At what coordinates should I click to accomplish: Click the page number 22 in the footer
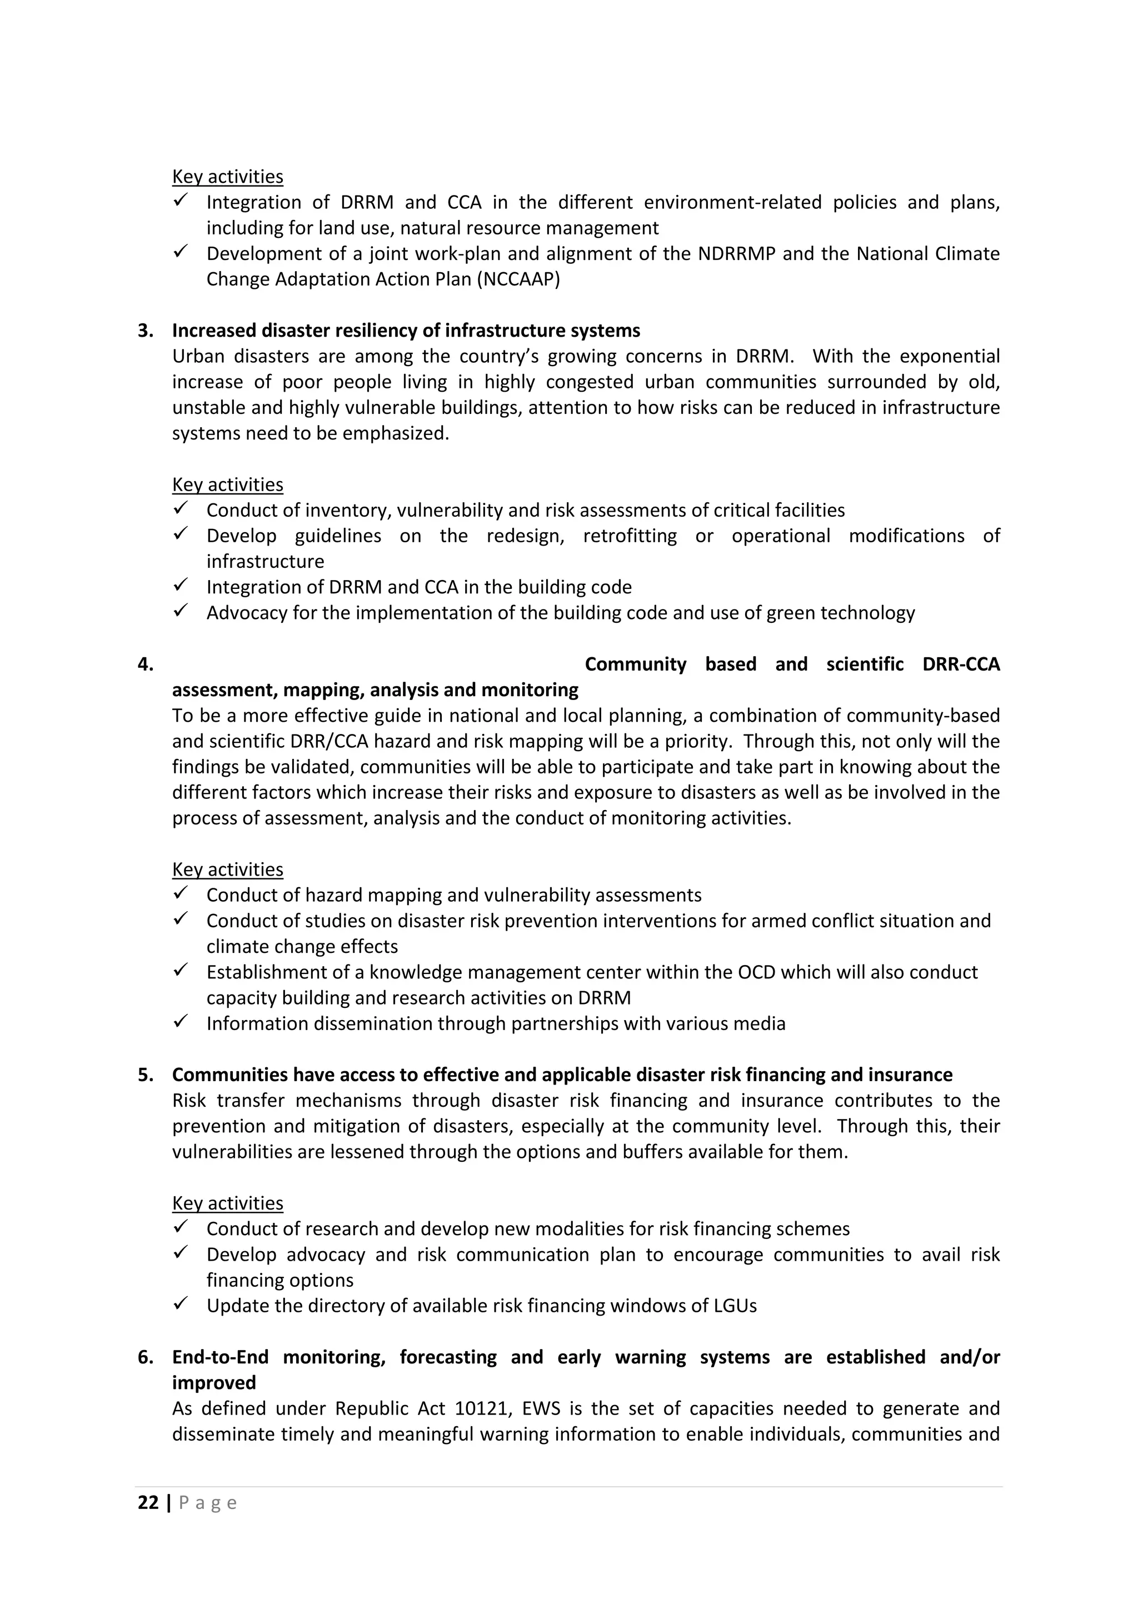[148, 1502]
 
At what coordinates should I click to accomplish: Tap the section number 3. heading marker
[145, 330]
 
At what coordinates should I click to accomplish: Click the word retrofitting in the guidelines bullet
[630, 536]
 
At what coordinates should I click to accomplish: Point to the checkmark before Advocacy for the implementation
[181, 611]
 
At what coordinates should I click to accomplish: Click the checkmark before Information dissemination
[181, 1022]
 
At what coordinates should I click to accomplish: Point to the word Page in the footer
[208, 1502]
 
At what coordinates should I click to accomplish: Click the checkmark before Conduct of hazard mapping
[181, 893]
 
